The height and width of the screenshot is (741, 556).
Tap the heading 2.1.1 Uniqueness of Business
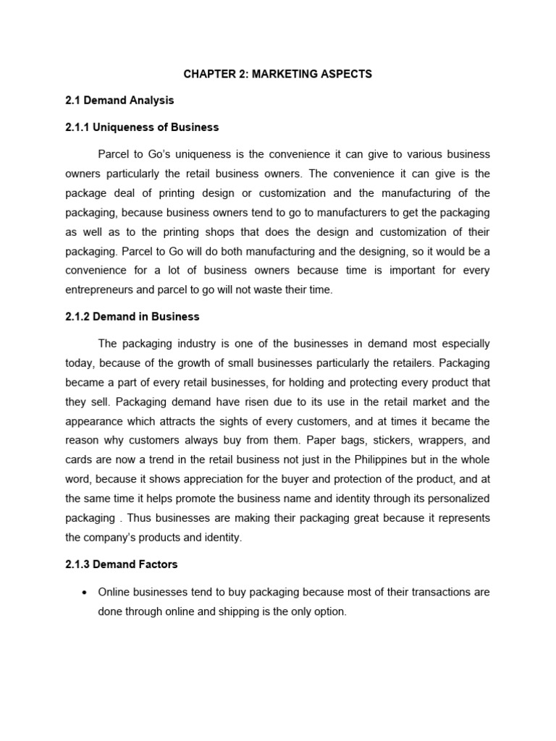coord(142,127)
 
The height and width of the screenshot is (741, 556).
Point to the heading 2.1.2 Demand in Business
coord(132,316)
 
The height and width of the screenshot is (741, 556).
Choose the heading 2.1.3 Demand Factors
coord(122,564)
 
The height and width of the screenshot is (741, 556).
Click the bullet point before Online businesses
coord(85,592)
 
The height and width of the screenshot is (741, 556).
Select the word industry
coord(200,344)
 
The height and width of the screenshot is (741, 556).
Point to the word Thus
coord(140,518)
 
